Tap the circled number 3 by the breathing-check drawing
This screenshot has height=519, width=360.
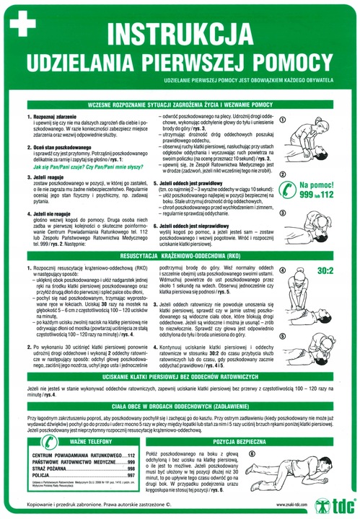[x=285, y=216]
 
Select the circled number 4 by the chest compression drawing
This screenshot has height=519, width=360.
[x=285, y=272]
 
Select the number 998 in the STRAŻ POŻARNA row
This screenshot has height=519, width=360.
[x=130, y=469]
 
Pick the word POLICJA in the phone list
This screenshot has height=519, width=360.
[x=36, y=475]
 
